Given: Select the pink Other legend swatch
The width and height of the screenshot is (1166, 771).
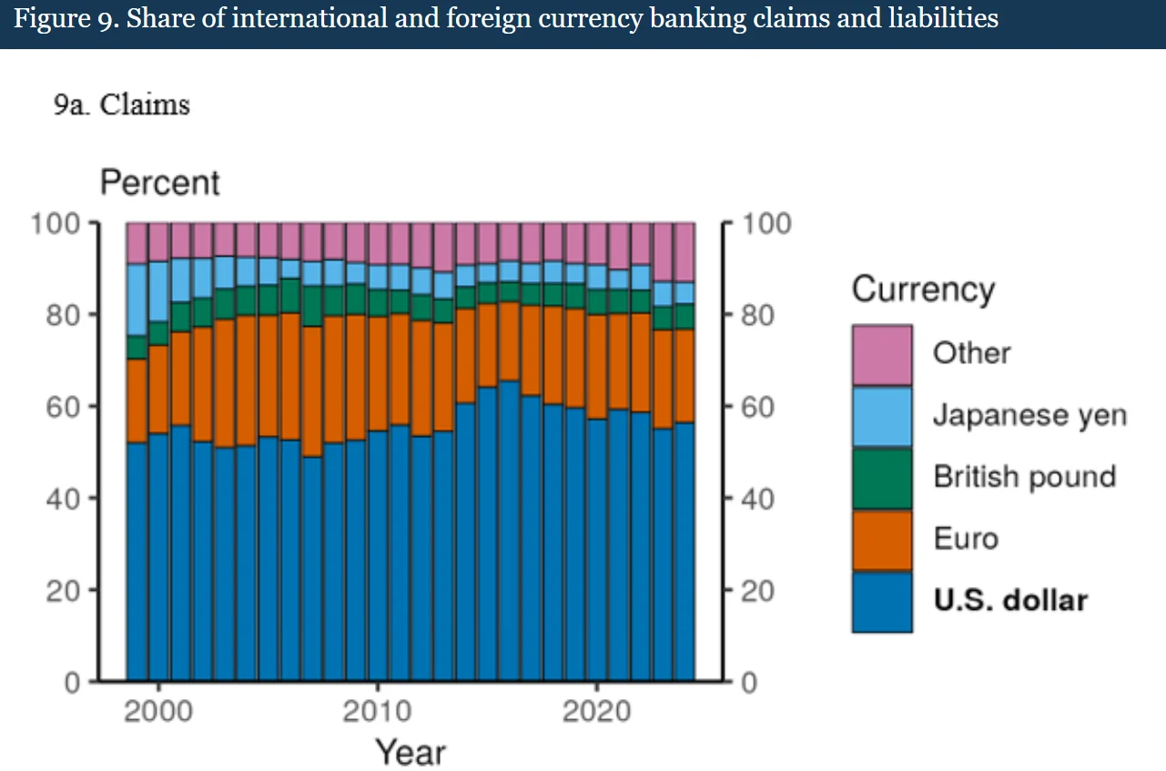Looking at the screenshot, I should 881,355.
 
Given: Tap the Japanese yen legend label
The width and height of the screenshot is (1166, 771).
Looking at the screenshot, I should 1029,416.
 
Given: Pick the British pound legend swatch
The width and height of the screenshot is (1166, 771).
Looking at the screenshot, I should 881,478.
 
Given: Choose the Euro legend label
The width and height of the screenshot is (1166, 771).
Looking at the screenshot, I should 965,539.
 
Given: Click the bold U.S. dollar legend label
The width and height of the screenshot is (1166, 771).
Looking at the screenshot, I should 1010,601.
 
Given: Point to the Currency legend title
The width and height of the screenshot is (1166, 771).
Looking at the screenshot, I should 923,289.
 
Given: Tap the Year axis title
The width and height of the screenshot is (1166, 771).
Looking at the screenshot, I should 411,752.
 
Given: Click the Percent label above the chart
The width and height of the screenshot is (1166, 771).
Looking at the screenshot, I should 159,183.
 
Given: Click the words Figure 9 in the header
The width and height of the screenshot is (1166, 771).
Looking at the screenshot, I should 65,19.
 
